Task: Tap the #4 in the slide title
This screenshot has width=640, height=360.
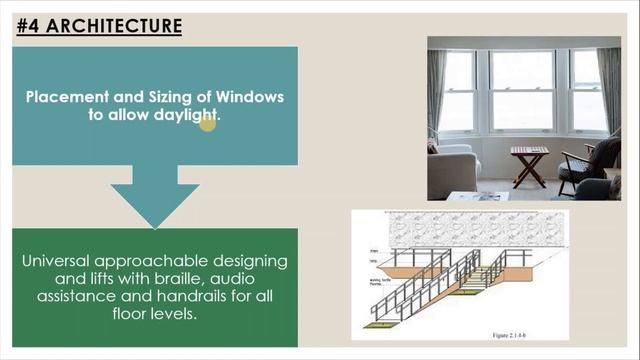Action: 31,25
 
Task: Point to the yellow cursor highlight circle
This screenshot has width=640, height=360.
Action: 207,121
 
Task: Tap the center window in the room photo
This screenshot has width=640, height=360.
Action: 521,91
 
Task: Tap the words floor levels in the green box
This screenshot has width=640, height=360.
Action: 154,315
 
